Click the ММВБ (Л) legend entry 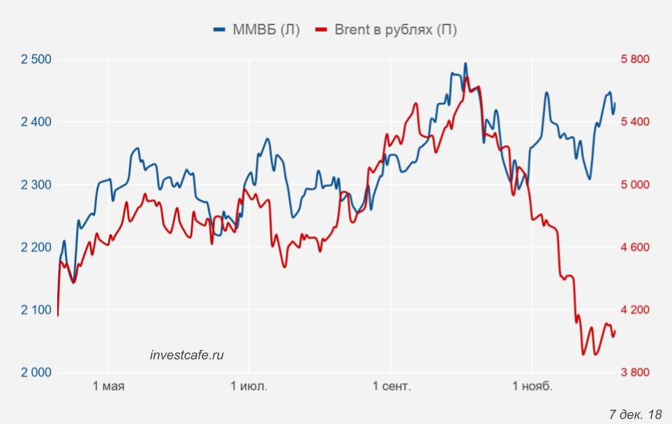pos(257,29)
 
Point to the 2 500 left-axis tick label pos(36,59)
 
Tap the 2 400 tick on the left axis pos(36,122)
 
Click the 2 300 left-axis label pos(36,184)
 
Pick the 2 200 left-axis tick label pos(36,247)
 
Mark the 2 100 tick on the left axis pos(36,309)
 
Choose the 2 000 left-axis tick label pos(36,372)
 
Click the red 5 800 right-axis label pos(635,59)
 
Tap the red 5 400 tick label pos(635,122)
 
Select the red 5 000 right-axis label pos(635,184)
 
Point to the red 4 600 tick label pos(635,247)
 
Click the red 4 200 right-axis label pos(635,309)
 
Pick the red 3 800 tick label pos(635,372)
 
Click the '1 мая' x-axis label pos(108,386)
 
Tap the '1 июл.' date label pos(249,386)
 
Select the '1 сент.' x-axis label pos(391,386)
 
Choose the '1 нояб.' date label pos(532,386)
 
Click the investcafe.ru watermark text pos(187,355)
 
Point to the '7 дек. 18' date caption pos(635,414)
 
